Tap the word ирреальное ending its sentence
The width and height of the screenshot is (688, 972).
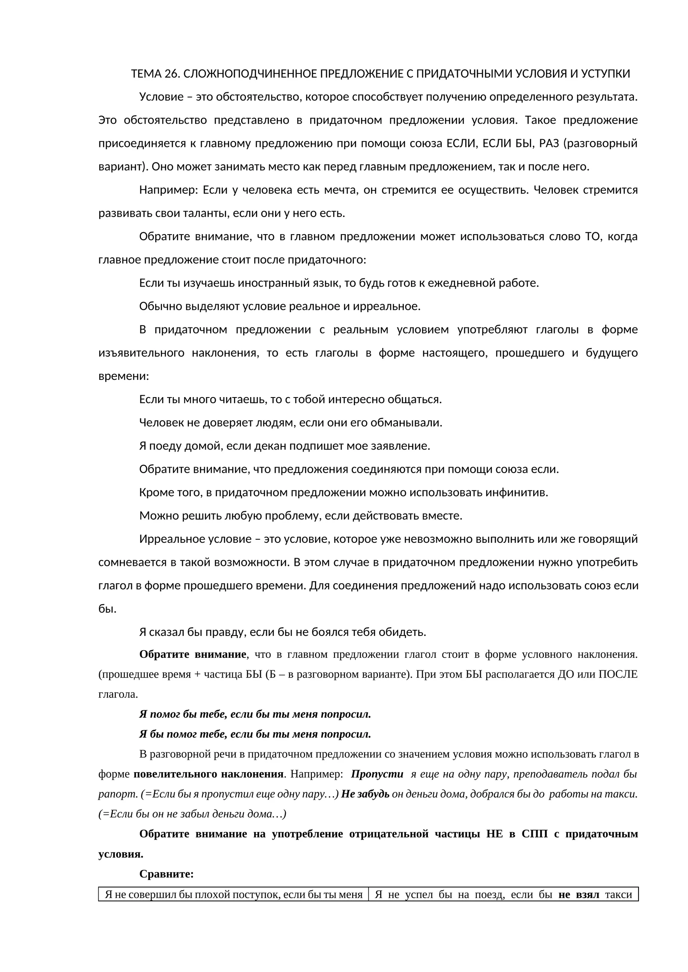tap(386, 306)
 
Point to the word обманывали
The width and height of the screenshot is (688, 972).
tap(412, 423)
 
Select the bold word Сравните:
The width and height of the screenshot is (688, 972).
tap(166, 874)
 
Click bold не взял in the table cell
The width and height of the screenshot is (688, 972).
tap(578, 895)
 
